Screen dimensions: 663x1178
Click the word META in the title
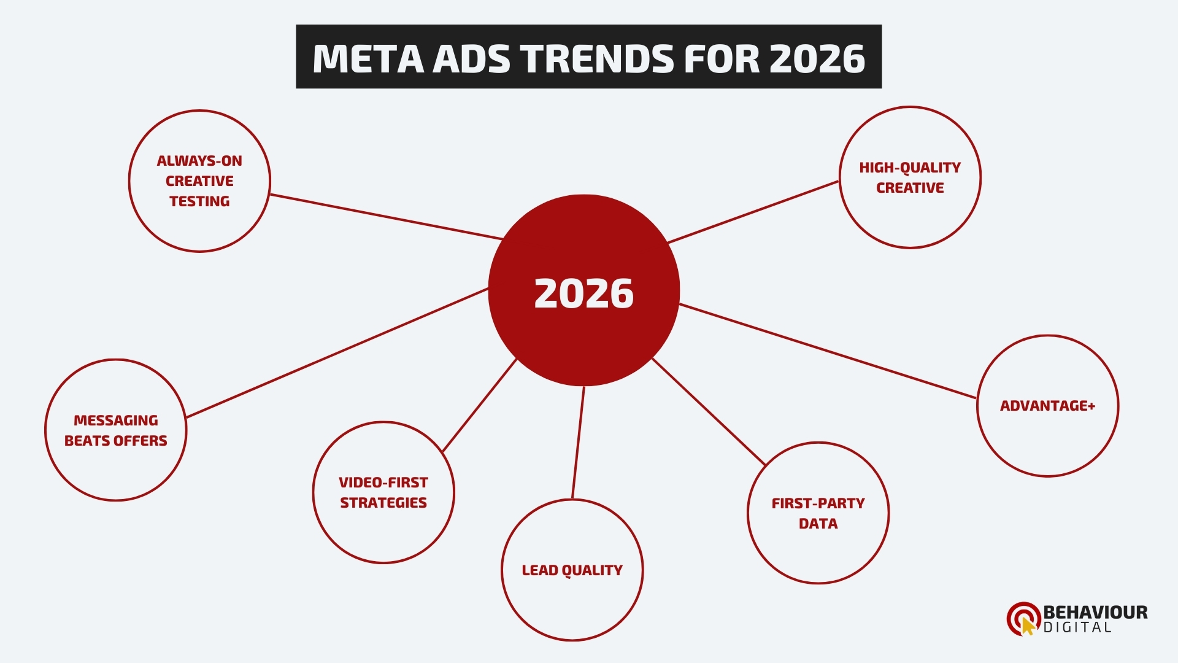coord(368,59)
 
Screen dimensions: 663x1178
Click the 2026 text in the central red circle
coord(583,293)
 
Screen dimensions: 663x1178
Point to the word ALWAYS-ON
coord(199,161)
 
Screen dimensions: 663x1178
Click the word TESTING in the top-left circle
coord(199,201)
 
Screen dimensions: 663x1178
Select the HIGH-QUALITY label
coord(910,168)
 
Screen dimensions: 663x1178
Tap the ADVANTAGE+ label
coord(1047,406)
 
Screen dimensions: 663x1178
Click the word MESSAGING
coord(116,421)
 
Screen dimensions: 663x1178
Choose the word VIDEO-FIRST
coord(383,483)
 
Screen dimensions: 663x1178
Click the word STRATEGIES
coord(383,503)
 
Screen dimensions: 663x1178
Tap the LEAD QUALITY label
coord(572,570)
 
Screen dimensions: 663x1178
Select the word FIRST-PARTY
coord(818,503)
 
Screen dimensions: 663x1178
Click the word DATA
coord(818,524)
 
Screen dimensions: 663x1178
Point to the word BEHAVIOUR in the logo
coord(1095,612)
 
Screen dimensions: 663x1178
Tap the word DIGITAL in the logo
coord(1077,627)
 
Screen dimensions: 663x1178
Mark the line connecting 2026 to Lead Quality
coord(579,442)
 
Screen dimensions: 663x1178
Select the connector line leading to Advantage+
coord(828,351)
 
